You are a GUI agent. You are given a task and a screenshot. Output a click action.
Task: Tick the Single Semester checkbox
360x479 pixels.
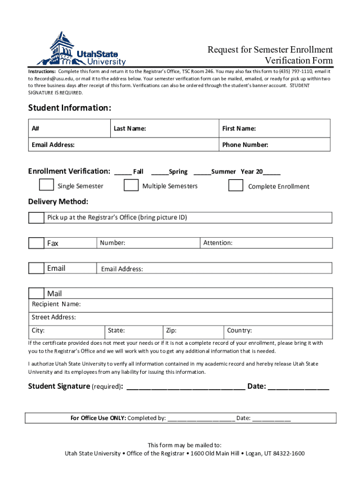pyautogui.click(x=46, y=185)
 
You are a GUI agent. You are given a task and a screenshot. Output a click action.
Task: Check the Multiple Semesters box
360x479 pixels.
pyautogui.click(x=131, y=185)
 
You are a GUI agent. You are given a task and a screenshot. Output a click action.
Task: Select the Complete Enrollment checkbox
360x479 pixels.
pyautogui.click(x=236, y=185)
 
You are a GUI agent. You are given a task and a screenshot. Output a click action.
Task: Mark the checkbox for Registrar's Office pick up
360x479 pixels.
pyautogui.click(x=36, y=218)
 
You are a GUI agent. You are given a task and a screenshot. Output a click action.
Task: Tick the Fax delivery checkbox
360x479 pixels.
pyautogui.click(x=36, y=243)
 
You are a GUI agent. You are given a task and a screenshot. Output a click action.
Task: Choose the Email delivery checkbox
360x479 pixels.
pyautogui.click(x=36, y=269)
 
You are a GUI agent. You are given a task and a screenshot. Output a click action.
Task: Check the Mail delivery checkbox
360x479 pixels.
pyautogui.click(x=36, y=294)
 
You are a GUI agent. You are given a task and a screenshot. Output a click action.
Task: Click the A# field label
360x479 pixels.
pyautogui.click(x=36, y=129)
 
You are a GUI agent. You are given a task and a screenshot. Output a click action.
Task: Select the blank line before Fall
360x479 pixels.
pyautogui.click(x=123, y=172)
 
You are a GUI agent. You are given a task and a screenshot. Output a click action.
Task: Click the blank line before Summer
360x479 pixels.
pyautogui.click(x=202, y=172)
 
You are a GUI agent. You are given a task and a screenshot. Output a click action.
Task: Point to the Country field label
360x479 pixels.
pyautogui.click(x=239, y=331)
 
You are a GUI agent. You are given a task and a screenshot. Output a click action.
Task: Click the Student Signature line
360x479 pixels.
pyautogui.click(x=186, y=387)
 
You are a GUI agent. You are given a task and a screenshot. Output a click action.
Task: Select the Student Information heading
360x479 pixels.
pyautogui.click(x=70, y=108)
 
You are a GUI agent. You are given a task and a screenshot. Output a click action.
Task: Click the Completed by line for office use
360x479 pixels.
pyautogui.click(x=201, y=419)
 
